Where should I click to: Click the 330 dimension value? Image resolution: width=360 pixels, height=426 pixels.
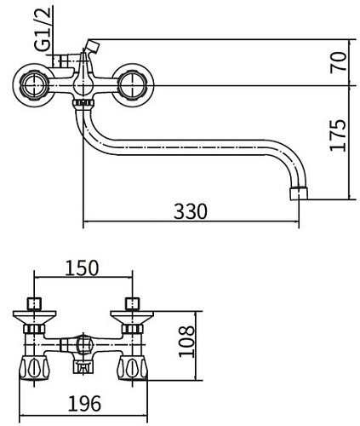click(190, 210)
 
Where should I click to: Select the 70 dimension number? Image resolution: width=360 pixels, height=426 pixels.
click(338, 62)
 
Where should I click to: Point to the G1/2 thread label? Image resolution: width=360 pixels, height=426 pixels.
click(46, 30)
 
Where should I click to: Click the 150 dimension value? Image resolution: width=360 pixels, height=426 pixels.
click(83, 267)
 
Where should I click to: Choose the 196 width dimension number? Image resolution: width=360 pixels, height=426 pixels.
click(83, 400)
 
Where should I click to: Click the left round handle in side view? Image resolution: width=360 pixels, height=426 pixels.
click(32, 83)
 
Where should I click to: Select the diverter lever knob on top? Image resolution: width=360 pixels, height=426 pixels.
click(93, 45)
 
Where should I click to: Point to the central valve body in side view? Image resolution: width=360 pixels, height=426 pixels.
click(83, 85)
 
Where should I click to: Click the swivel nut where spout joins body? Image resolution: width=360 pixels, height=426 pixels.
click(83, 104)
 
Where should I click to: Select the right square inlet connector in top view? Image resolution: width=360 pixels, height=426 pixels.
click(132, 302)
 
